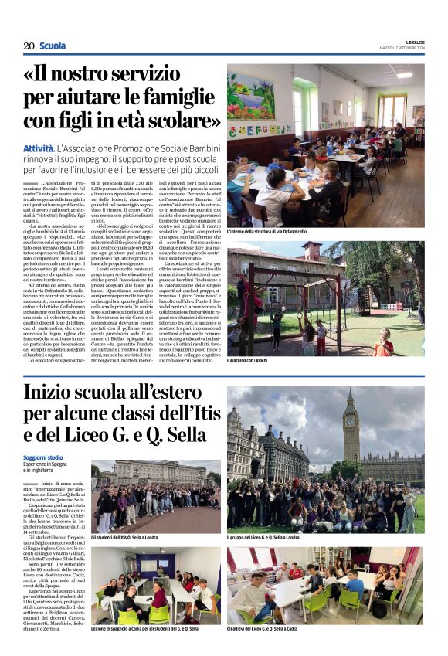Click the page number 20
[x=29, y=46]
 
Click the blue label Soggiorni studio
[x=43, y=458]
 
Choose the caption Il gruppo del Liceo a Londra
[x=273, y=537]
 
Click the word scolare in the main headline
[x=182, y=121]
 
